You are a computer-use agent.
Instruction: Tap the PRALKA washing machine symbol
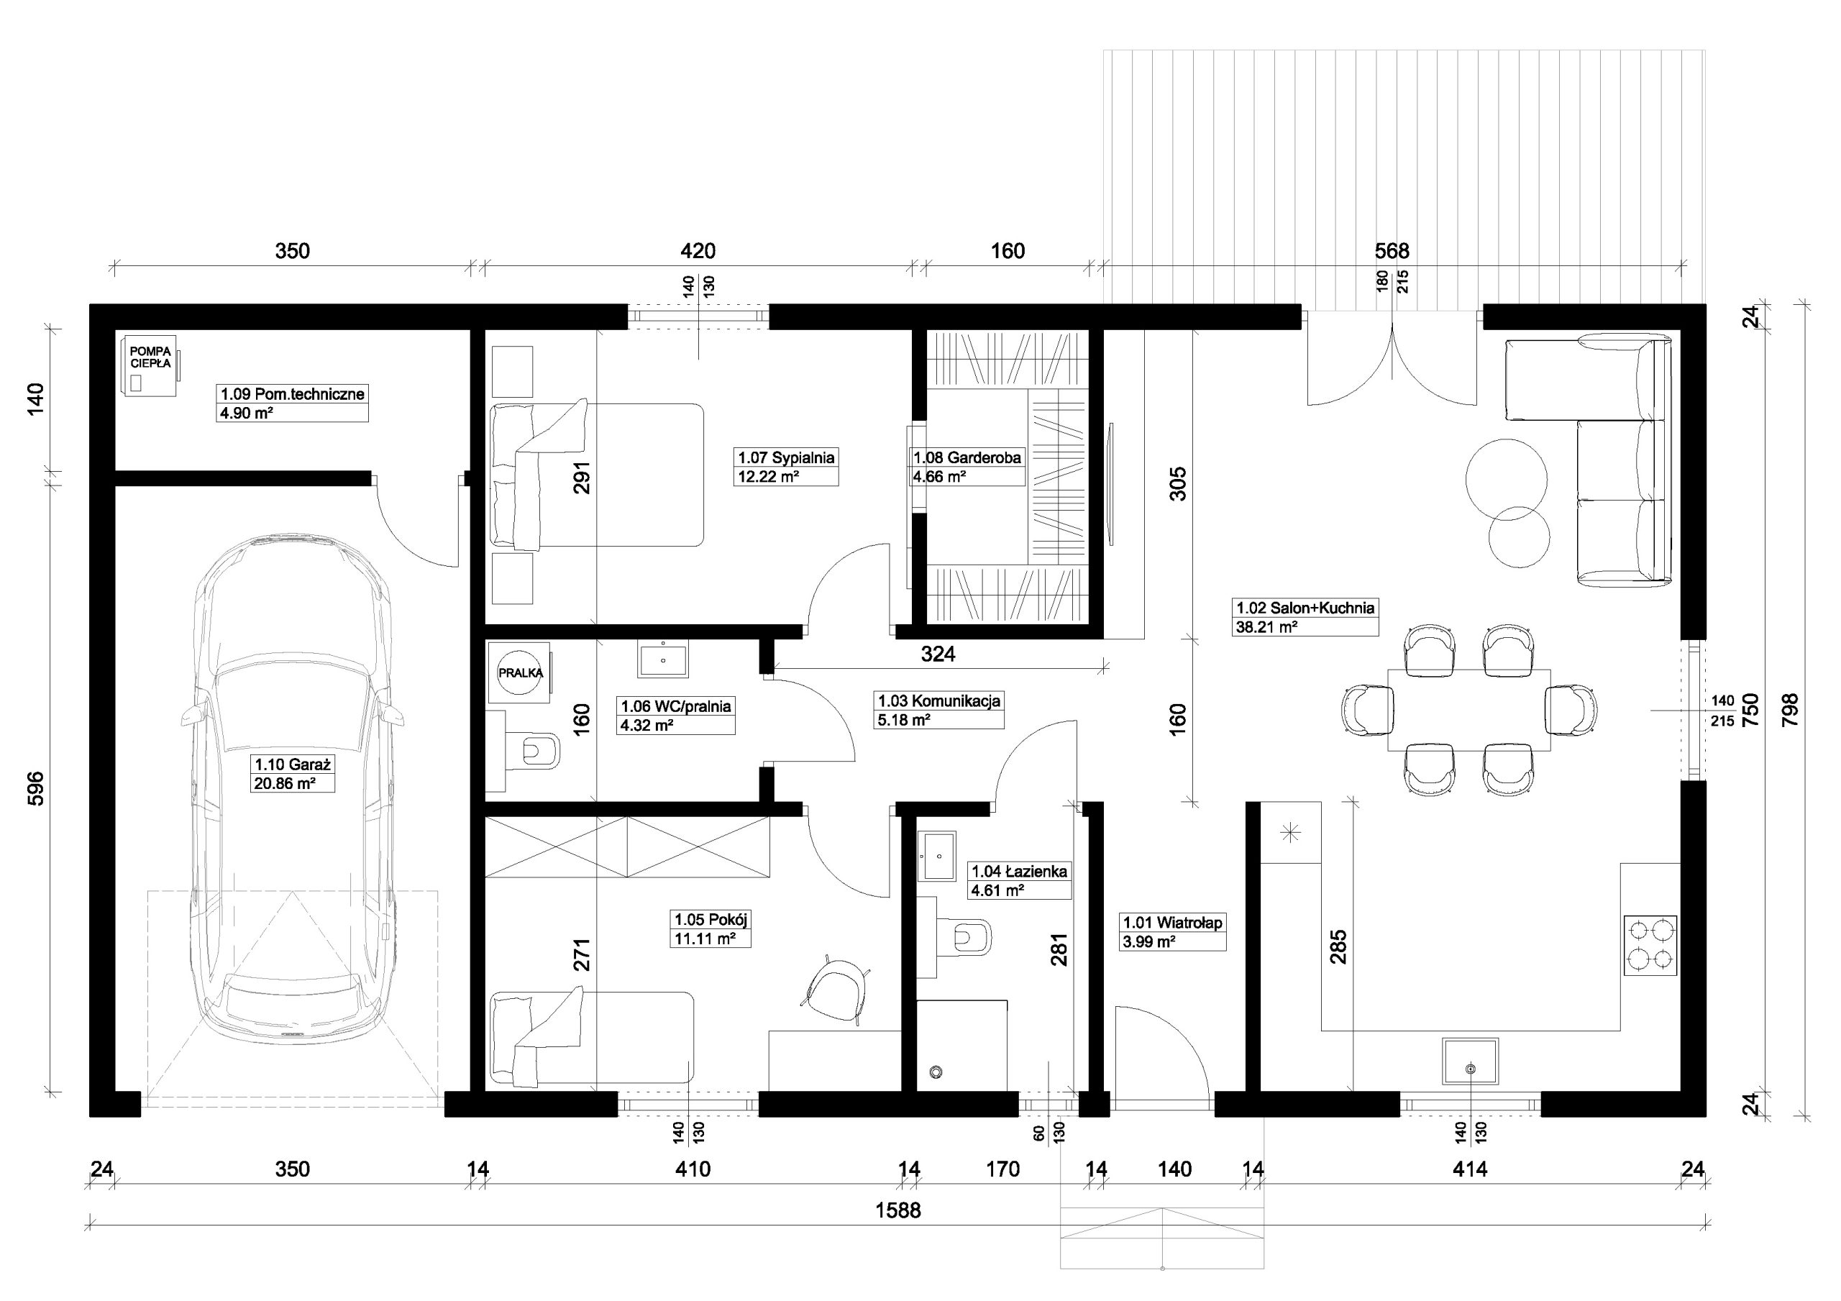(x=521, y=672)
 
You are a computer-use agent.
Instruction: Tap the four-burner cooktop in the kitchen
(x=1650, y=946)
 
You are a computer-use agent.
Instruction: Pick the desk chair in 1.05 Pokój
(x=836, y=990)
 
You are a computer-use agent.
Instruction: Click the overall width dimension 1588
(x=898, y=1210)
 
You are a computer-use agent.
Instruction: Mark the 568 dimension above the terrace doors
(x=1392, y=251)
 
